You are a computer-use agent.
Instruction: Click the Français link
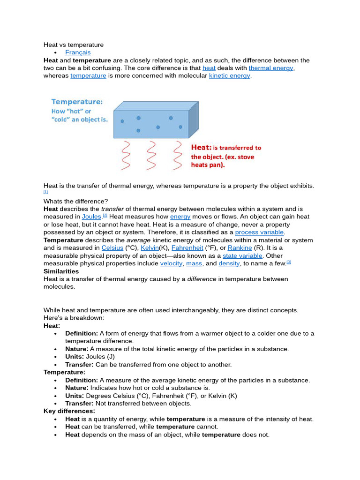[78, 52]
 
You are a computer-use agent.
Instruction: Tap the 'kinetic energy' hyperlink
[230, 75]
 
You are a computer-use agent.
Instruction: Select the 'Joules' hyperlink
[92, 217]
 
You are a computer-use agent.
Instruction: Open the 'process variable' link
[259, 232]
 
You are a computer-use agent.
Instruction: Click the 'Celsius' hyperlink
[112, 247]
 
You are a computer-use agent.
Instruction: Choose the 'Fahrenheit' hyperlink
[187, 247]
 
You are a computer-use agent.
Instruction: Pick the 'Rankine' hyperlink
[240, 247]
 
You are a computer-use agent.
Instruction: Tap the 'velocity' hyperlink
[171, 263]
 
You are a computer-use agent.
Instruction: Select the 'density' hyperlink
[229, 263]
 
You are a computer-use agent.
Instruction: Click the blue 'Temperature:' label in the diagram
[77, 101]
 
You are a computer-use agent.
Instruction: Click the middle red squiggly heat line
[151, 155]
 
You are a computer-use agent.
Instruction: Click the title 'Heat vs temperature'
[74, 45]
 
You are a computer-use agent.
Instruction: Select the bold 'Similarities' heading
[61, 271]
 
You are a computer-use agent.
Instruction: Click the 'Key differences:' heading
[69, 411]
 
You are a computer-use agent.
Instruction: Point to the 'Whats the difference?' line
[75, 201]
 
